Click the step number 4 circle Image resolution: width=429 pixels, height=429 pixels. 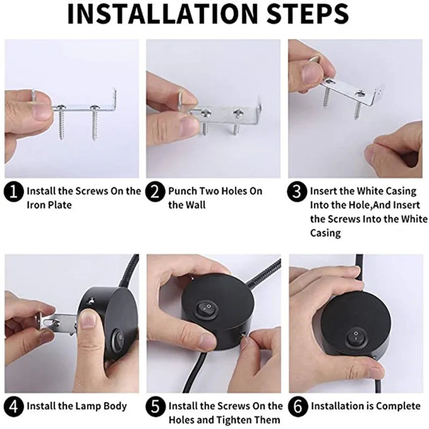14,406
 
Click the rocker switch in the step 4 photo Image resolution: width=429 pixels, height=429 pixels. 117,341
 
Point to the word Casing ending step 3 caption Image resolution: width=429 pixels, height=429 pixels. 326,233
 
